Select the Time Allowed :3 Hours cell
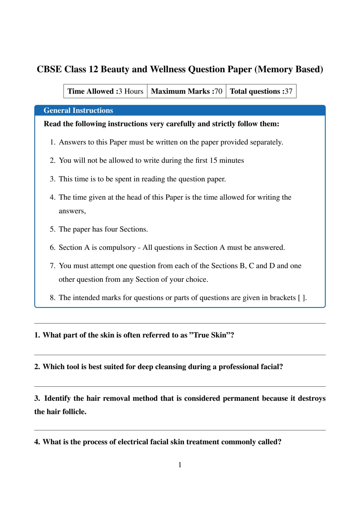pyautogui.click(x=105, y=91)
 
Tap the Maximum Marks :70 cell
pyautogui.click(x=187, y=91)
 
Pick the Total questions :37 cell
pyautogui.click(x=261, y=91)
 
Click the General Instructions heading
pyautogui.click(x=78, y=111)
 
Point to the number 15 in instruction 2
pyautogui.click(x=213, y=160)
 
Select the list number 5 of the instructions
pyautogui.click(x=52, y=229)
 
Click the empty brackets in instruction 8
pyautogui.click(x=302, y=298)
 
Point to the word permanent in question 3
pyautogui.click(x=241, y=398)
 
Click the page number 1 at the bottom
pyautogui.click(x=180, y=465)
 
